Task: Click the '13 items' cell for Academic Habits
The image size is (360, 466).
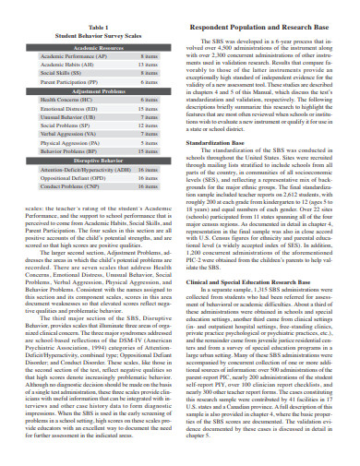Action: tap(147, 65)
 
